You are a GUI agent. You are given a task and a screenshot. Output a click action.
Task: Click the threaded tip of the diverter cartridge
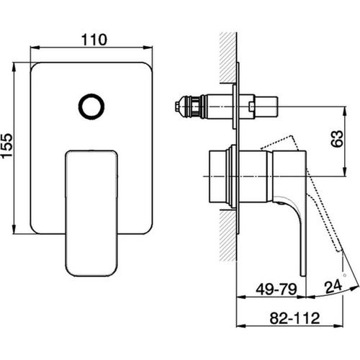click(x=181, y=109)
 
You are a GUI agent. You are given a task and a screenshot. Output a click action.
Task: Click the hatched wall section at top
click(x=230, y=50)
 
